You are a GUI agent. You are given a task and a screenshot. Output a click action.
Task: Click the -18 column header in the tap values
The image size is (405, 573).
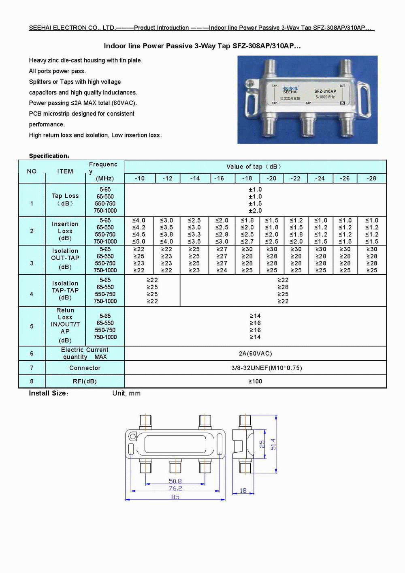click(x=247, y=178)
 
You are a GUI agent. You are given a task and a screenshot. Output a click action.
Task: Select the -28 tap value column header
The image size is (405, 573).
click(x=371, y=178)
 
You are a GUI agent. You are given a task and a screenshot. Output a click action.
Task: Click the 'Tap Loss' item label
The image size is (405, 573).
click(x=65, y=196)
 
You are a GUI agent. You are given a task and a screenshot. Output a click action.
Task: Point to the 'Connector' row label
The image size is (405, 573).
click(x=85, y=368)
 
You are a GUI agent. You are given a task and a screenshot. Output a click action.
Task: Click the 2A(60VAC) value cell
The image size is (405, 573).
click(x=255, y=353)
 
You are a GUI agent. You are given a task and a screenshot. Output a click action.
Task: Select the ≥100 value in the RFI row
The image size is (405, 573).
click(x=255, y=381)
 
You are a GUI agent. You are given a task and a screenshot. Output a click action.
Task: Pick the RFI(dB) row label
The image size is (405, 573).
click(x=85, y=381)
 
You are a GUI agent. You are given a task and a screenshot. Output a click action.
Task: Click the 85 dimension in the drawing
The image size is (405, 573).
click(x=175, y=497)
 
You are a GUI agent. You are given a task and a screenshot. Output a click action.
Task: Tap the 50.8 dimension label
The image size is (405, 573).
click(x=175, y=481)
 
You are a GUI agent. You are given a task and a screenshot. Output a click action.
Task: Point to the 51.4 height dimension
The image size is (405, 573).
click(x=273, y=444)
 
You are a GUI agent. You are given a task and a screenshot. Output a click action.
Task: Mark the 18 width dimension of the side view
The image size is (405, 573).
click(x=243, y=491)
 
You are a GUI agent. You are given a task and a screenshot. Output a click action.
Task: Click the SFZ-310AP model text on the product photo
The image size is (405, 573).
click(x=325, y=92)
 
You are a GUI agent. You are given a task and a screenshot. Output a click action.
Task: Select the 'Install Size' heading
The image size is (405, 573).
click(x=48, y=393)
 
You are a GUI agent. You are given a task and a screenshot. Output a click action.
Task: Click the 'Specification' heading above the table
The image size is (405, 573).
click(x=49, y=156)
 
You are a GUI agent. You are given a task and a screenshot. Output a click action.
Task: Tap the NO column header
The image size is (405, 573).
click(x=32, y=171)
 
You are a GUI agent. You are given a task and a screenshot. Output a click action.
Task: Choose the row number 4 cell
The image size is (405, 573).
click(x=32, y=294)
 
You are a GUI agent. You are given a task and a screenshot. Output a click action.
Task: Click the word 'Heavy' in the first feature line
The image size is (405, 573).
click(x=38, y=60)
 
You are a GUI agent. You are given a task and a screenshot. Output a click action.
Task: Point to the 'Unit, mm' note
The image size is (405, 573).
click(x=126, y=393)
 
